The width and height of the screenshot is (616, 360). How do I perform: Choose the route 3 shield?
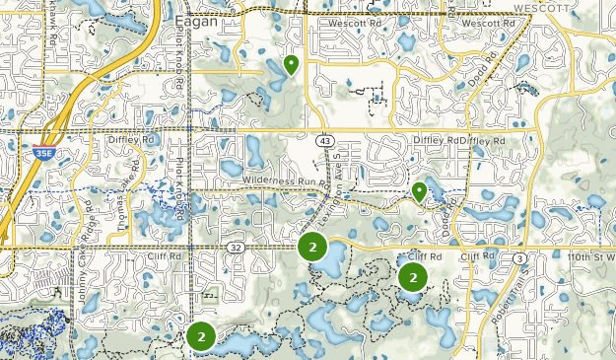point(519,258)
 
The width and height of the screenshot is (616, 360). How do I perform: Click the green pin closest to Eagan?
point(291,65)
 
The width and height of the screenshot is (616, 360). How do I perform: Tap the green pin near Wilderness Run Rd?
point(419,191)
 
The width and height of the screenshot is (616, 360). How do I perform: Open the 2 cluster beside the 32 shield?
point(312,248)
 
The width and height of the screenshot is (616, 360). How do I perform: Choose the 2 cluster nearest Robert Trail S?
point(412,278)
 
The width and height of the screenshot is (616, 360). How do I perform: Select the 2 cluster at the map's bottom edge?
point(201,336)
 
